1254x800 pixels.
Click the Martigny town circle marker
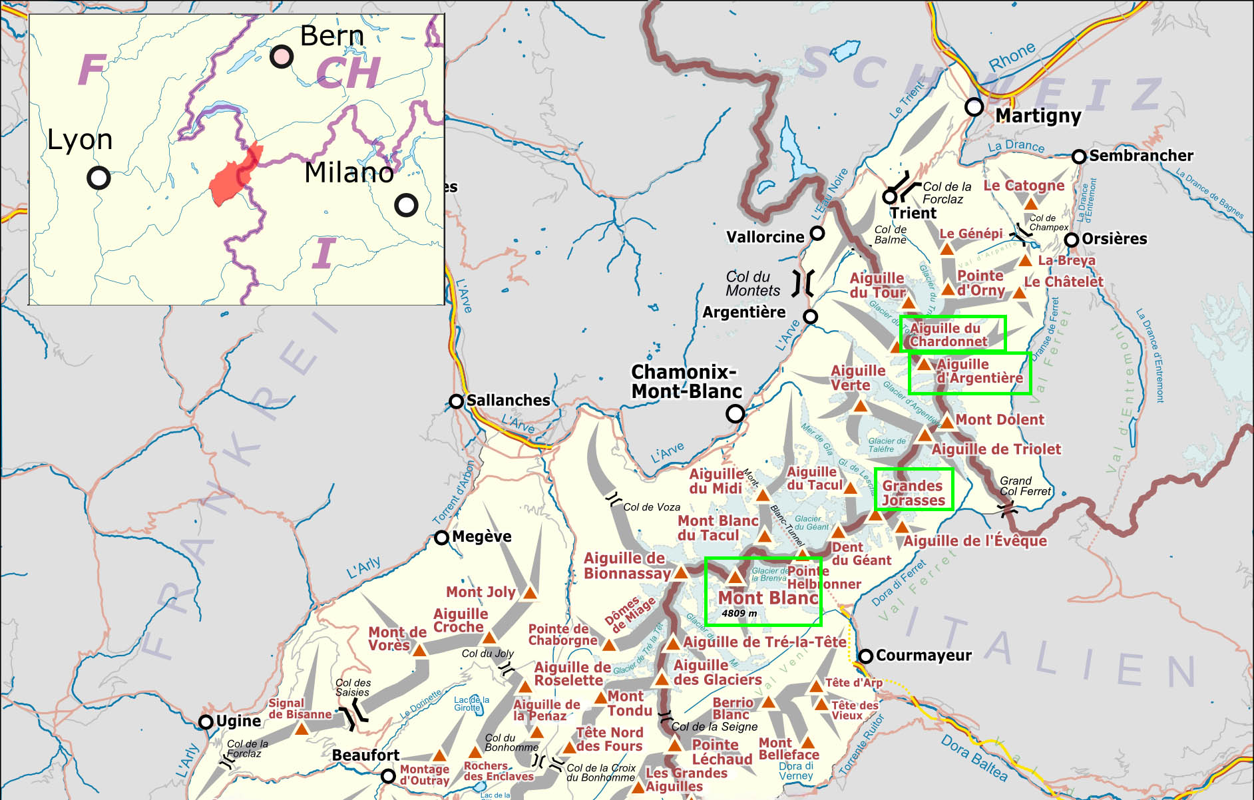[x=974, y=106]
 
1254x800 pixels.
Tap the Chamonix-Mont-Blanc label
[x=686, y=381]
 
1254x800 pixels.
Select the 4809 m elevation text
[x=739, y=614]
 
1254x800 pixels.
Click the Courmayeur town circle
[x=865, y=656]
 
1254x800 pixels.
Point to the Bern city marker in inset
[x=281, y=57]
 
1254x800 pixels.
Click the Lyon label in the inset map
[x=80, y=140]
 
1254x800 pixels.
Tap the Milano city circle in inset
[x=406, y=205]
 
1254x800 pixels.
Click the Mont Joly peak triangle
[x=530, y=592]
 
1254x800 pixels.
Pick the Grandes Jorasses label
[x=913, y=493]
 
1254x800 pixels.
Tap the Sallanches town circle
[x=456, y=401]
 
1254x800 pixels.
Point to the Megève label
[x=481, y=536]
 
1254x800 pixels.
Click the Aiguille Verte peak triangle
[x=860, y=406]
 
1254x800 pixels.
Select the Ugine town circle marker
[x=206, y=722]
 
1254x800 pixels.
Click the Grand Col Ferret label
[x=1024, y=486]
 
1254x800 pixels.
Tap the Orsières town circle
[x=1072, y=240]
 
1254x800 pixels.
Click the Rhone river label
[x=1012, y=57]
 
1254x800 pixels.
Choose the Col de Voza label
[x=651, y=507]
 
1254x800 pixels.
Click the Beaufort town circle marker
[x=388, y=776]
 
